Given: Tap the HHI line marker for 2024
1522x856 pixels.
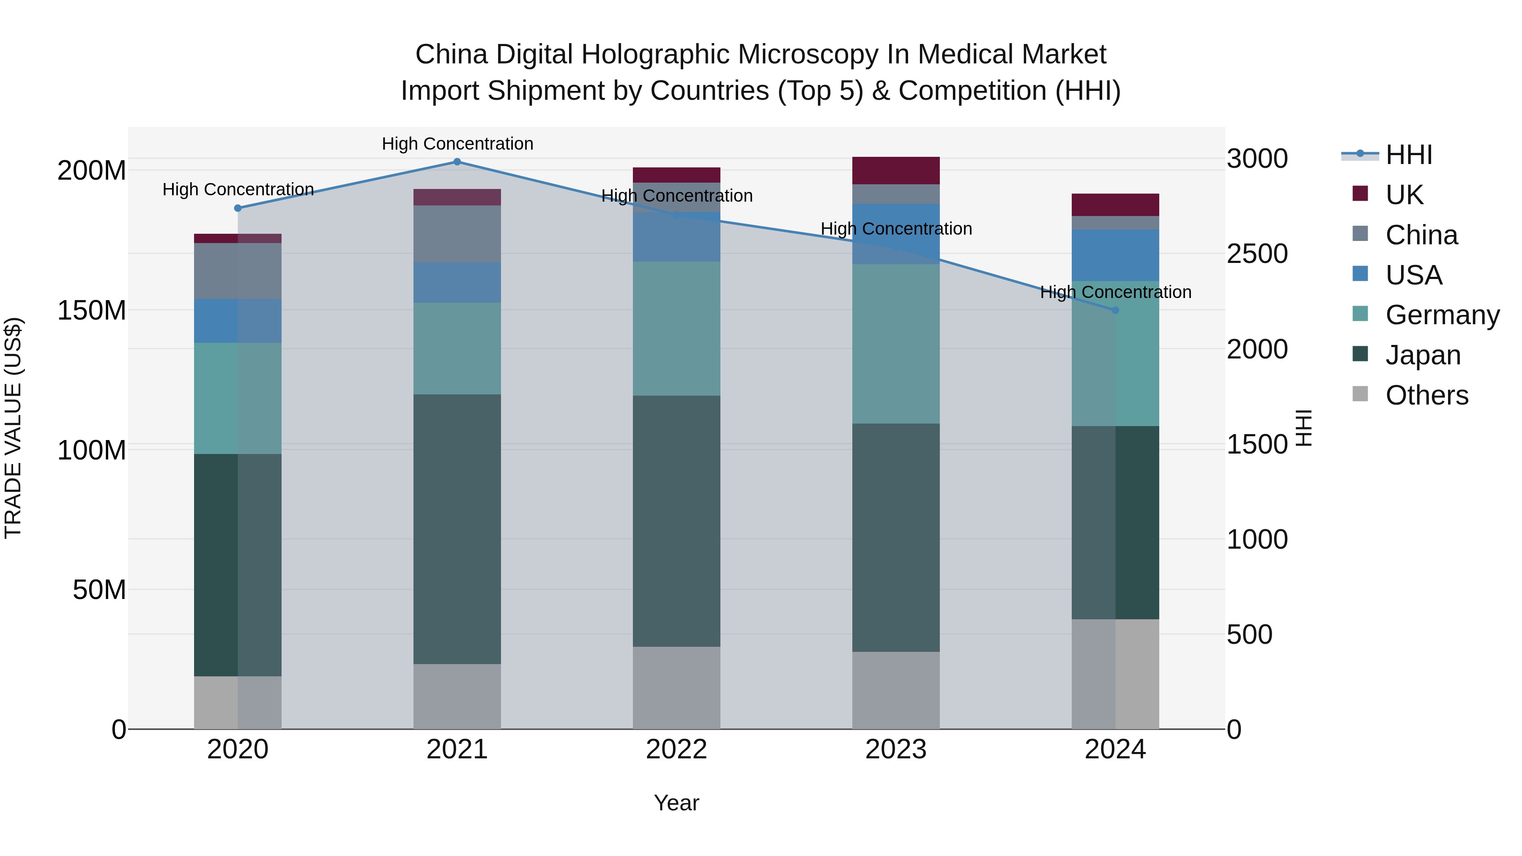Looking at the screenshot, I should (1116, 310).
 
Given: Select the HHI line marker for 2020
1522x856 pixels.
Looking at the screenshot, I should (238, 208).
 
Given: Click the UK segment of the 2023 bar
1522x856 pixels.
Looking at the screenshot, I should (896, 171).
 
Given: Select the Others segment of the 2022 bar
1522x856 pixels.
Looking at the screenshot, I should (676, 688).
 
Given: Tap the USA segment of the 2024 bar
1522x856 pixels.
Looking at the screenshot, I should (1116, 255).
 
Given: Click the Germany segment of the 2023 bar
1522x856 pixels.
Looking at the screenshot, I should (896, 344).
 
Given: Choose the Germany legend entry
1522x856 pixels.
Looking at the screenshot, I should (1442, 315).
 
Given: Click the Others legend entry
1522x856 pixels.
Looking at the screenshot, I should (1426, 395).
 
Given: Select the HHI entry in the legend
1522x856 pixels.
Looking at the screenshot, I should (1409, 155).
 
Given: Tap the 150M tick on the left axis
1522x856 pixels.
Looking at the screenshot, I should (92, 310).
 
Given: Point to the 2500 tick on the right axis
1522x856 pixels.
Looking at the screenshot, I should (1257, 254).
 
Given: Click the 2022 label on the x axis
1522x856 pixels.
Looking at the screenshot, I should (676, 749).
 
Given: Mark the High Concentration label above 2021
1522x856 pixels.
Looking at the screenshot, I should (457, 144).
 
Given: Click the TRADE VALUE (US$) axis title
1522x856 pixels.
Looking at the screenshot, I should (13, 428).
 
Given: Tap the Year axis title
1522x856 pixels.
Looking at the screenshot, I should (676, 803).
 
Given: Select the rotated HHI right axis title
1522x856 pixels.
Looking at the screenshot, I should (1303, 428).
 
